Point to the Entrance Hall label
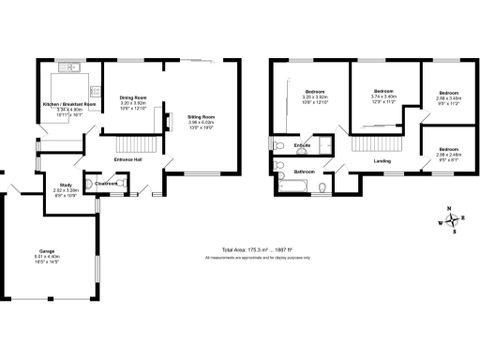click(127, 160)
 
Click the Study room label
click(66, 185)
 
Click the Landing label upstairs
click(382, 161)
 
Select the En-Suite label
click(302, 146)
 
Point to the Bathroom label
click(303, 172)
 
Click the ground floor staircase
click(131, 144)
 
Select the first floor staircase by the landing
click(371, 144)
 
